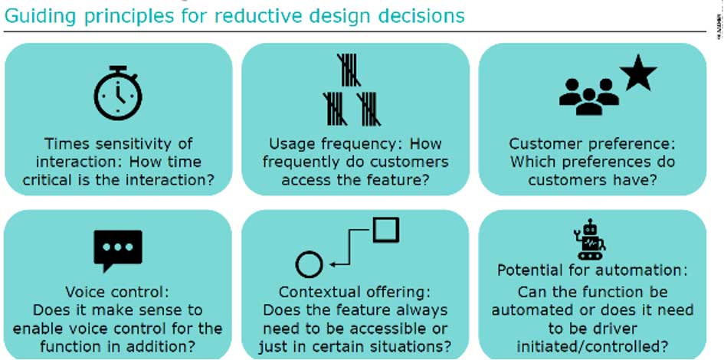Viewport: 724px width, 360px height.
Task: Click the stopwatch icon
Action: (117, 94)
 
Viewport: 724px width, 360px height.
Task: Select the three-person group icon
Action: (588, 97)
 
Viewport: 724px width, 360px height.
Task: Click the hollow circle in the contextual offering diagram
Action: (309, 264)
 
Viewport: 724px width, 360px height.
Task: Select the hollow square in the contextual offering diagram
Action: (385, 230)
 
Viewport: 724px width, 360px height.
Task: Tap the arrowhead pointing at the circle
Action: (336, 264)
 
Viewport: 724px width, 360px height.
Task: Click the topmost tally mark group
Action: (351, 70)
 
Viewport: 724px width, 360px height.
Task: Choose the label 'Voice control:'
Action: (117, 292)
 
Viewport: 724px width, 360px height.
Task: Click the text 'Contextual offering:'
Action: (355, 292)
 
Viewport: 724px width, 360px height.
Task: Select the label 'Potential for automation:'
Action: (592, 270)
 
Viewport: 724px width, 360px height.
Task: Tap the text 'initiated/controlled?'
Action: (592, 345)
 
